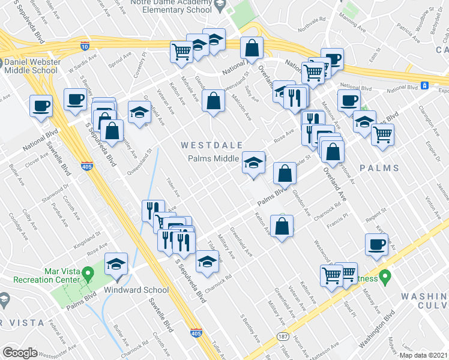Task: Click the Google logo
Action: click(x=20, y=352)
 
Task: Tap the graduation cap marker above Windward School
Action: click(x=116, y=265)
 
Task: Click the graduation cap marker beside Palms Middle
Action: click(x=253, y=163)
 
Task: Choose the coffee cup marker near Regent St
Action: click(x=376, y=245)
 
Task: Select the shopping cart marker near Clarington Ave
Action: click(x=382, y=135)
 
